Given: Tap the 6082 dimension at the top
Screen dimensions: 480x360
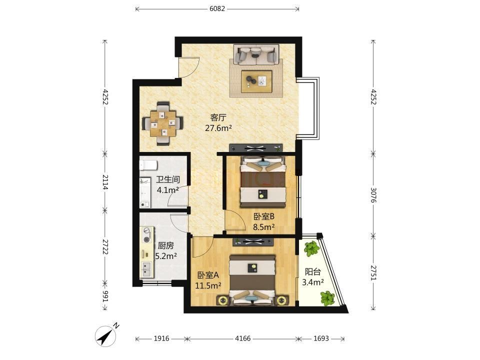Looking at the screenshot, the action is (x=217, y=8).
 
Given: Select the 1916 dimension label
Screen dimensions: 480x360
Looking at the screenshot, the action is (x=161, y=338).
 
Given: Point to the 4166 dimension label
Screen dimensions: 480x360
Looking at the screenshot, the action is (x=243, y=338).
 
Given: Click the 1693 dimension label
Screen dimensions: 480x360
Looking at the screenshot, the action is (x=321, y=338).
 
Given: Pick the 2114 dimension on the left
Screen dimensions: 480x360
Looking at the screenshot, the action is (x=105, y=182).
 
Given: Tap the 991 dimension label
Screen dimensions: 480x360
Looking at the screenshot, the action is (x=105, y=296).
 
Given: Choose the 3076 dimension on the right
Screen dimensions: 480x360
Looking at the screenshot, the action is (x=373, y=195).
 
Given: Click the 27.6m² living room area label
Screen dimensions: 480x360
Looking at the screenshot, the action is (x=218, y=128).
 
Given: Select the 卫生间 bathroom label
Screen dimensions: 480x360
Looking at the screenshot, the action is (x=168, y=179).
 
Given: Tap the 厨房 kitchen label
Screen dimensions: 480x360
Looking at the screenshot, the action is (x=165, y=245).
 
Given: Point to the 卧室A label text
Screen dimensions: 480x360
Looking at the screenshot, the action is (x=208, y=275).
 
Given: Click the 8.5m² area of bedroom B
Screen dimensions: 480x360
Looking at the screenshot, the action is (x=263, y=227).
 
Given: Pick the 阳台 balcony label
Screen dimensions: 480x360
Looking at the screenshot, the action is (x=313, y=271).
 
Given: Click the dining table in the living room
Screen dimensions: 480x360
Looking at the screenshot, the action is (x=163, y=123).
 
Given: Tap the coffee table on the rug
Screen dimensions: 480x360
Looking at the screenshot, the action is (x=256, y=81).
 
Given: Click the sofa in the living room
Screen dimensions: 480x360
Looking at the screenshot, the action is (x=256, y=54).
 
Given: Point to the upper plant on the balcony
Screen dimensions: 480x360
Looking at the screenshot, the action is (x=312, y=248).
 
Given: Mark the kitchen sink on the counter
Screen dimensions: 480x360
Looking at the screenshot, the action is (x=146, y=269).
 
